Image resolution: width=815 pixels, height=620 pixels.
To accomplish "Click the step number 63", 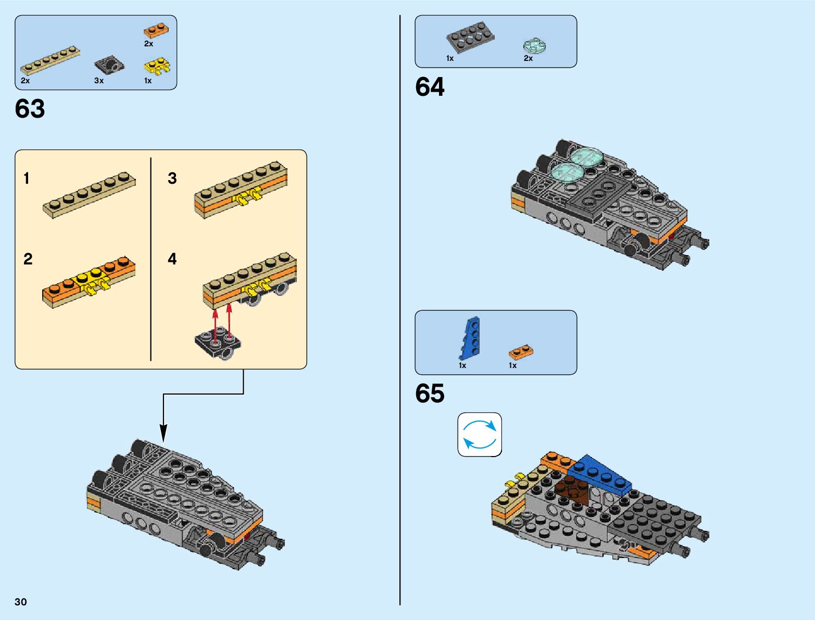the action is click(30, 109).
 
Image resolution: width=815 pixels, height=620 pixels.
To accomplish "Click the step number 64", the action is click(430, 87).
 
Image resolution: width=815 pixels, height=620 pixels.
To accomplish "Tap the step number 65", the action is click(430, 394).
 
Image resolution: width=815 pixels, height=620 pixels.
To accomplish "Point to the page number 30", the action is click(21, 602).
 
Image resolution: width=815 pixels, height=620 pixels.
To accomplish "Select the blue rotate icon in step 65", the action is click(480, 435).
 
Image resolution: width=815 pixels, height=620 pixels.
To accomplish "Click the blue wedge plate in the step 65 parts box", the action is click(470, 338).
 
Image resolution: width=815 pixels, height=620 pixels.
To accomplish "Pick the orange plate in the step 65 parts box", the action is click(521, 352).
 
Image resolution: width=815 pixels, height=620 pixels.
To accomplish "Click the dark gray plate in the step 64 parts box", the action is click(470, 37).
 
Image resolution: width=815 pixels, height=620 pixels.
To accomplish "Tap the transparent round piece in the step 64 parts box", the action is click(534, 46).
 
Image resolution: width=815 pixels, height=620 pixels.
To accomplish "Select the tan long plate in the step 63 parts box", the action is click(50, 61).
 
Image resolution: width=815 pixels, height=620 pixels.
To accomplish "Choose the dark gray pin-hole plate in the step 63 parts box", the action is click(109, 65).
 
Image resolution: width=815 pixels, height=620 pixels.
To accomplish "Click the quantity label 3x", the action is click(99, 81).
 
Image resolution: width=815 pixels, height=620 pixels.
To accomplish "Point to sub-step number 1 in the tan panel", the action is click(27, 179).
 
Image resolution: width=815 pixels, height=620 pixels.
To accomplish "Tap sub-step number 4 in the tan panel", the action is click(172, 259).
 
